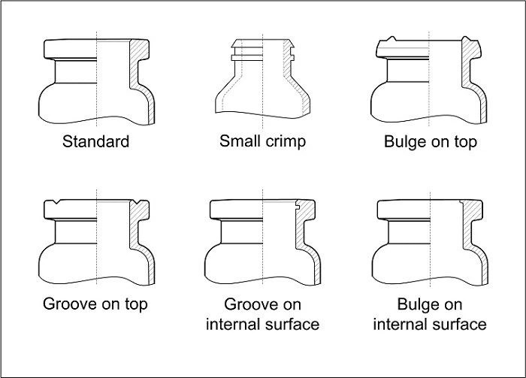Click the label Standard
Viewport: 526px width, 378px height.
95,141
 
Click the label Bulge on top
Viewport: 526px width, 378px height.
431,142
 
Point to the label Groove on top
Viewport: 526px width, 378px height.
95,304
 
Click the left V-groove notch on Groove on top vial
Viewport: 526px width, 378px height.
56,202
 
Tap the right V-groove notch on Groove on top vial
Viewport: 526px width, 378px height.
137,202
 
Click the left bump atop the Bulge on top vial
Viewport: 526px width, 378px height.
391,38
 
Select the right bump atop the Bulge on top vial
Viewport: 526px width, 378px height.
466,38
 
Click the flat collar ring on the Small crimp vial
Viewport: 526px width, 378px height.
247,58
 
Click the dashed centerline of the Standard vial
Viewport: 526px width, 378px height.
97,79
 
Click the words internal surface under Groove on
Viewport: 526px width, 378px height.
263,325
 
